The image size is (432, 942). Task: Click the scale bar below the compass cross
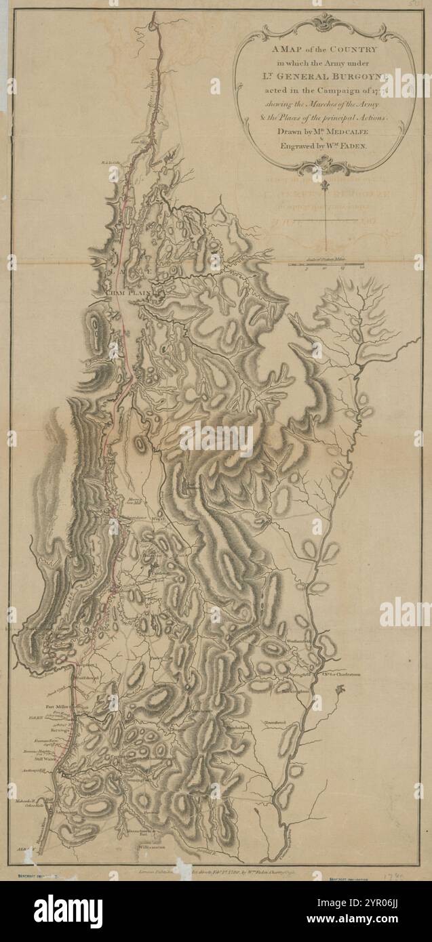[327, 262]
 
